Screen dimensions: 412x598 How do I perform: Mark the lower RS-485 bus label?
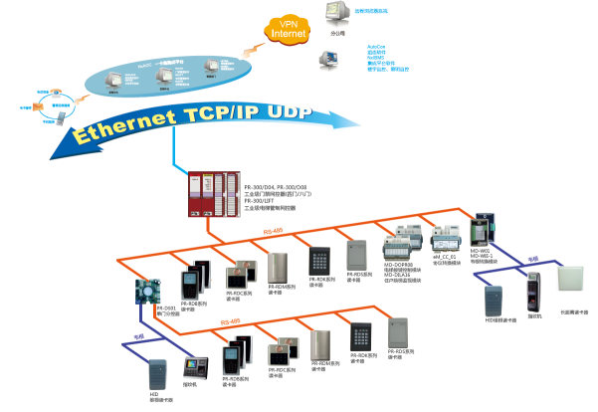point(230,322)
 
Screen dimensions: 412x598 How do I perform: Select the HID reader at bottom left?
point(157,374)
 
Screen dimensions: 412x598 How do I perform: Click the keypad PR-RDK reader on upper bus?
point(318,261)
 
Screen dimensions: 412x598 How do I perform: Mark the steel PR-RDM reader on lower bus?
point(320,347)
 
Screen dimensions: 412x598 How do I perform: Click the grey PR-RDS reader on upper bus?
point(357,257)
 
